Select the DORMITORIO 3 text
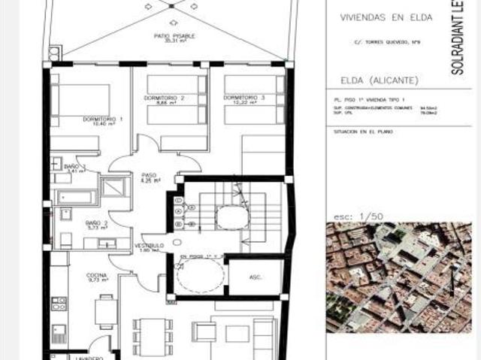244,98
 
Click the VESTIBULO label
150,247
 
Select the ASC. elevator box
256,276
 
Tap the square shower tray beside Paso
116,186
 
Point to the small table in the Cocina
107,307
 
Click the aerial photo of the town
398,278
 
